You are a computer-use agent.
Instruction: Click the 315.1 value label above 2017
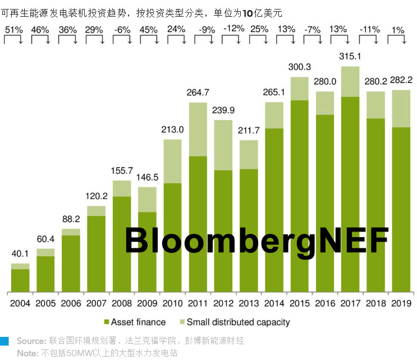pos(350,56)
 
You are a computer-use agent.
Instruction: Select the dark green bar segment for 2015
pos(299,196)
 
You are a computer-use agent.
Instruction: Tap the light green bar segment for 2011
pos(198,130)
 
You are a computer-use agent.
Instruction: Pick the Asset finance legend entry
pos(135,322)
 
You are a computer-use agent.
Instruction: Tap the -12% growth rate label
pos(233,28)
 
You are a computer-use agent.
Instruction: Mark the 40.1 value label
pos(20,253)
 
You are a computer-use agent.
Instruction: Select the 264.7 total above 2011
pos(198,93)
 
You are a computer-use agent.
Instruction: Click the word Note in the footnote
pos(28,353)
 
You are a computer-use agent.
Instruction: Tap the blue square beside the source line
pos(5,341)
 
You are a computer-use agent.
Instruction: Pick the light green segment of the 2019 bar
pos(401,109)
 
